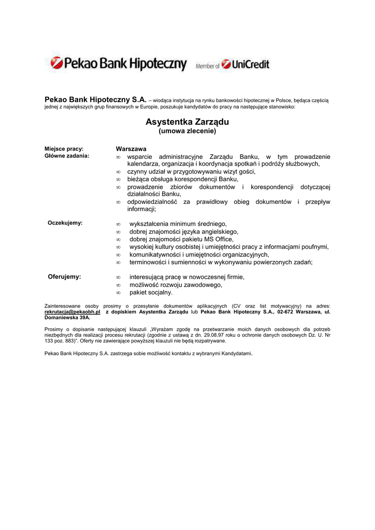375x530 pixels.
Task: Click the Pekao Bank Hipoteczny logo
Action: coord(118,64)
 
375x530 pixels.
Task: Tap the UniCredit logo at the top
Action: coord(246,65)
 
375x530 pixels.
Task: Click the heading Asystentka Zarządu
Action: coord(187,122)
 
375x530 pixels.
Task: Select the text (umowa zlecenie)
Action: coord(187,131)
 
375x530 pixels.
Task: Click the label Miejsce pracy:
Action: coord(64,149)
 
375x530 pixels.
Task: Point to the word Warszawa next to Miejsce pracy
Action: coord(131,149)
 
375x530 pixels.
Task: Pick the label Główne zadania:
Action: coord(67,156)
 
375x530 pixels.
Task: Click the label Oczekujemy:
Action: coord(65,223)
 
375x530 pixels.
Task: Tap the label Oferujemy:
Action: coord(64,277)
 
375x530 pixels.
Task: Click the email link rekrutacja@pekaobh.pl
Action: coord(72,312)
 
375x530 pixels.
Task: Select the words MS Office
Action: coord(220,239)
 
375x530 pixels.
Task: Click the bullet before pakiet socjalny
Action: coord(118,293)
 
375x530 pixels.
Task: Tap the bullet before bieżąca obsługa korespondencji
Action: coord(118,179)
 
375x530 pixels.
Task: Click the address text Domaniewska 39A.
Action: coord(67,318)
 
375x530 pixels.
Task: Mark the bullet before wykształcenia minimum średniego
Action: coord(118,224)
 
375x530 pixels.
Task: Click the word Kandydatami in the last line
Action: coord(236,353)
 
